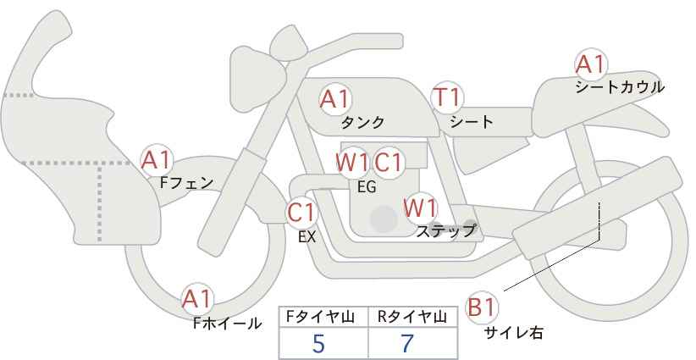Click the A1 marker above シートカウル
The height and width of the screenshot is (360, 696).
[x=591, y=64]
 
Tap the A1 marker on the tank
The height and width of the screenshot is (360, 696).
[x=335, y=99]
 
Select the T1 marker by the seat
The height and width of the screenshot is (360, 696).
[x=447, y=97]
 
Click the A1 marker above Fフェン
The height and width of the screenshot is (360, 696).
[x=157, y=160]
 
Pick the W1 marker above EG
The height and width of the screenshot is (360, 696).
[x=352, y=163]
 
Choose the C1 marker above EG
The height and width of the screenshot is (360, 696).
[x=388, y=163]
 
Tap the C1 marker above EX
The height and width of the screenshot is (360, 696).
[x=301, y=213]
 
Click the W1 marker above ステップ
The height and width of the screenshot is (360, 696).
[x=420, y=208]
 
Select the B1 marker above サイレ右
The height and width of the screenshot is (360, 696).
[x=482, y=307]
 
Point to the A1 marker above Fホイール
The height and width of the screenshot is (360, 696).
[x=197, y=299]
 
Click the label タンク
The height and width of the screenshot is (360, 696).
[x=362, y=122]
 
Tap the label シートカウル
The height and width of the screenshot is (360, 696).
[x=620, y=87]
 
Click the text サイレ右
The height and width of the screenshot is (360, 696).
[x=514, y=332]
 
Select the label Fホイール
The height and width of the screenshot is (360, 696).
[x=227, y=324]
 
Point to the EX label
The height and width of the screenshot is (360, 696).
[x=307, y=237]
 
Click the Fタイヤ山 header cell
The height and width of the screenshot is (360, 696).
[x=323, y=317]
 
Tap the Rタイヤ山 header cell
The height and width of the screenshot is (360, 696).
[x=413, y=317]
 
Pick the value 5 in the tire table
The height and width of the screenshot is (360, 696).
[x=318, y=343]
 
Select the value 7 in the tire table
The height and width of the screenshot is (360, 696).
[x=407, y=343]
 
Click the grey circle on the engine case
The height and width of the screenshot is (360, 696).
[x=384, y=219]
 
